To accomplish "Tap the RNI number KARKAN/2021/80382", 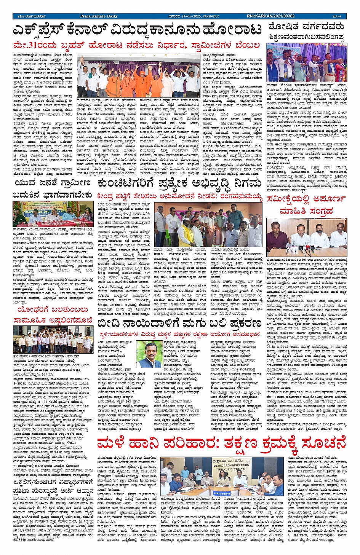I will (x=270, y=16).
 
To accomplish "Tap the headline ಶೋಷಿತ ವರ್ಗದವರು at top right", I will (x=306, y=27).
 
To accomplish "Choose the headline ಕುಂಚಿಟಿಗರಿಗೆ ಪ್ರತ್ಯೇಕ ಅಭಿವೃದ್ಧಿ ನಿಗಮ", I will (x=179, y=184).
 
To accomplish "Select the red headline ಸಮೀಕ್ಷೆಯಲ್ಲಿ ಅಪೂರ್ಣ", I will (x=306, y=199).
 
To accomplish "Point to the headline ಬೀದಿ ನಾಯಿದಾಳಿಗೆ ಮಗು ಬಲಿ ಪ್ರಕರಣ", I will (x=179, y=324).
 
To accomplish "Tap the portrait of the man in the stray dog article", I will (x=149, y=354).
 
